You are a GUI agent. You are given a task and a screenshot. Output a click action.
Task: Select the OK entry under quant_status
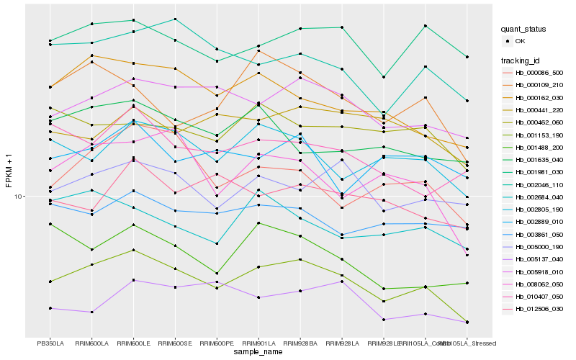coord(519,41)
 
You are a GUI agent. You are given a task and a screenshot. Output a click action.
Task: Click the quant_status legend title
coord(523,30)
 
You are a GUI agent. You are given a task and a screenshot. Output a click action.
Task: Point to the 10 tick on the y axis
coord(19,196)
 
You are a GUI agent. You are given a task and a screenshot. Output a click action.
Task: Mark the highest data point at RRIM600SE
coord(175,19)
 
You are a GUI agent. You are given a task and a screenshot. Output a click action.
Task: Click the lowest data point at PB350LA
coord(50,308)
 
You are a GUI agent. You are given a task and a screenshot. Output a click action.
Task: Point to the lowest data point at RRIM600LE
coord(133,280)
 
